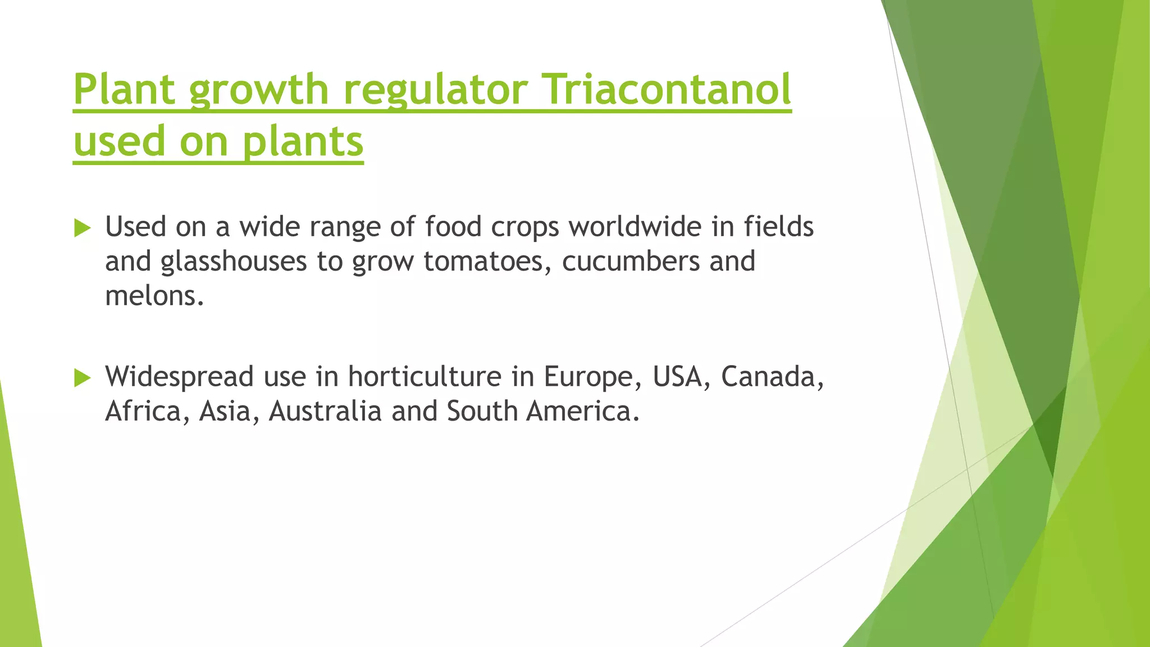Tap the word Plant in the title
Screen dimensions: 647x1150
[124, 90]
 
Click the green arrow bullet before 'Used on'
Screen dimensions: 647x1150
[82, 228]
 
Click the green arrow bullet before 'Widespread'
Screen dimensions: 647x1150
[82, 378]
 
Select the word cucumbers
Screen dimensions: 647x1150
[630, 262]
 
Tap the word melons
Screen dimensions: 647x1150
[154, 296]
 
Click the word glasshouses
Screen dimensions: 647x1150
[234, 262]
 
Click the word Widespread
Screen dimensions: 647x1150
[179, 377]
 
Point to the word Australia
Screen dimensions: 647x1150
[325, 411]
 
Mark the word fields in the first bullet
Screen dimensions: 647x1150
[778, 227]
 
